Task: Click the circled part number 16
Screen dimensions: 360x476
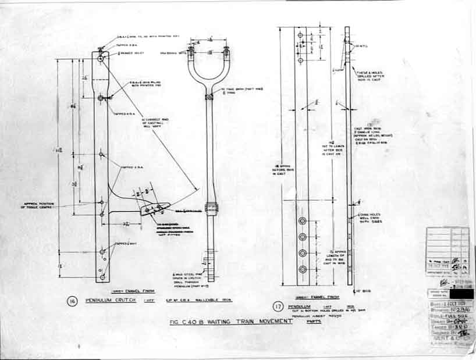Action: [72, 301]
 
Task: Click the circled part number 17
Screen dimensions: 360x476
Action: [278, 306]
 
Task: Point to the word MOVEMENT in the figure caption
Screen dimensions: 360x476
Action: [276, 320]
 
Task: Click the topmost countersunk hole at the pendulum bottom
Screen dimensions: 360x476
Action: [303, 222]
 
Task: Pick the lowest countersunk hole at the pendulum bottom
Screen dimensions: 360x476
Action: [303, 269]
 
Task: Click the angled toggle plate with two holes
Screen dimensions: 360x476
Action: [154, 206]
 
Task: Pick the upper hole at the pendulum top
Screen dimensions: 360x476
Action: [300, 35]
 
